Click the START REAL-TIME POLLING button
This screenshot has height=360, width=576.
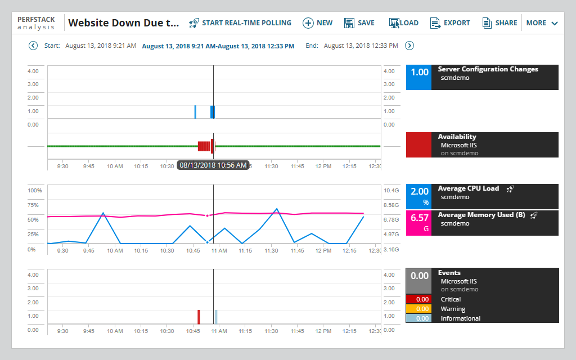(240, 23)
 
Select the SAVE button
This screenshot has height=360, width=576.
(359, 23)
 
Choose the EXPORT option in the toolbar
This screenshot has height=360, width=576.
(450, 23)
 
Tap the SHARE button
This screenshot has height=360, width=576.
(499, 23)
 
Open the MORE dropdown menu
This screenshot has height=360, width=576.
(542, 23)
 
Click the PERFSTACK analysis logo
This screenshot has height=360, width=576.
(36, 23)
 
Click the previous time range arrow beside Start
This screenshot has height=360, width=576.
(33, 46)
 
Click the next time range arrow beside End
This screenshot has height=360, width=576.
(409, 46)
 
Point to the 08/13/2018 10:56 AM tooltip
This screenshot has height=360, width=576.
(213, 165)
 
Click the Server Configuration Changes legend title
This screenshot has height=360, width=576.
(488, 69)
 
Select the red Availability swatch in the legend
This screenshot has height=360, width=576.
(418, 145)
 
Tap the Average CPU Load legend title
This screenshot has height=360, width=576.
(468, 188)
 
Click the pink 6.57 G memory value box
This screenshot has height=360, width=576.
(418, 222)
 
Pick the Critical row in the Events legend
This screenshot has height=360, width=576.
(451, 299)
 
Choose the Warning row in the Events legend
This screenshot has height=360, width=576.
(453, 309)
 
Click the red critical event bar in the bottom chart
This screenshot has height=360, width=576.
(199, 317)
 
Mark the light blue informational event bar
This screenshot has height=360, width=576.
(216, 317)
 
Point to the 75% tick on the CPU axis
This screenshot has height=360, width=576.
(33, 205)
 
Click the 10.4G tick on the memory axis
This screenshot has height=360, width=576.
(391, 191)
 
